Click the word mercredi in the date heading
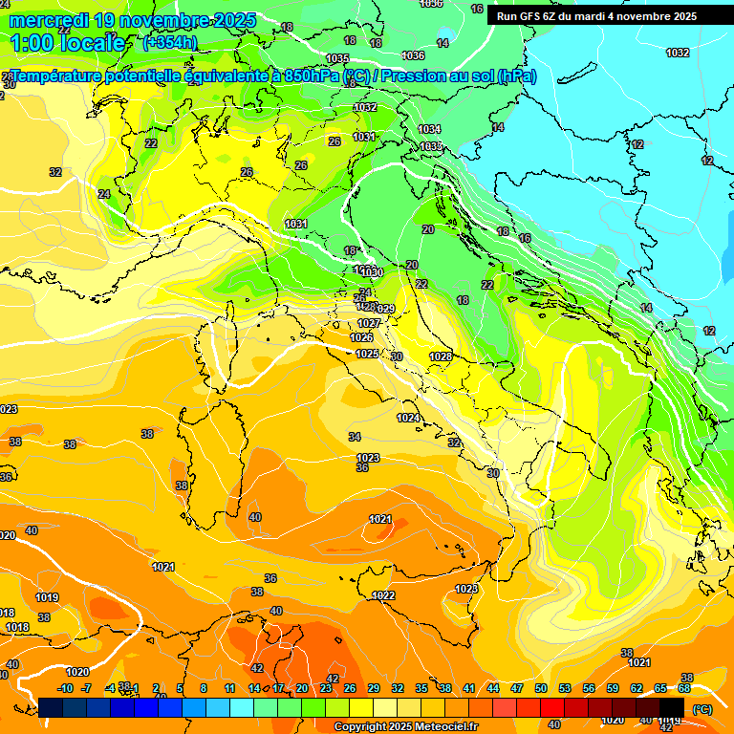pos(50,20)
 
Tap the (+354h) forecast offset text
pos(169,42)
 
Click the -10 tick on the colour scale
pos(65,688)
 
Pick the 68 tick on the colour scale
pos(684,688)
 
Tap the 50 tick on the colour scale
pos(541,688)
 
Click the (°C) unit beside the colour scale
pos(702,709)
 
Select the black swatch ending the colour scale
pos(672,707)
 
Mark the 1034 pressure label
pos(430,129)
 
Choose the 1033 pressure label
pos(431,146)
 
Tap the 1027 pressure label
pos(369,324)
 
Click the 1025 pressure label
pos(367,354)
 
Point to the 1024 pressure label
pos(408,418)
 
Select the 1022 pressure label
pos(384,595)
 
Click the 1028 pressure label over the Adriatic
pos(441,356)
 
